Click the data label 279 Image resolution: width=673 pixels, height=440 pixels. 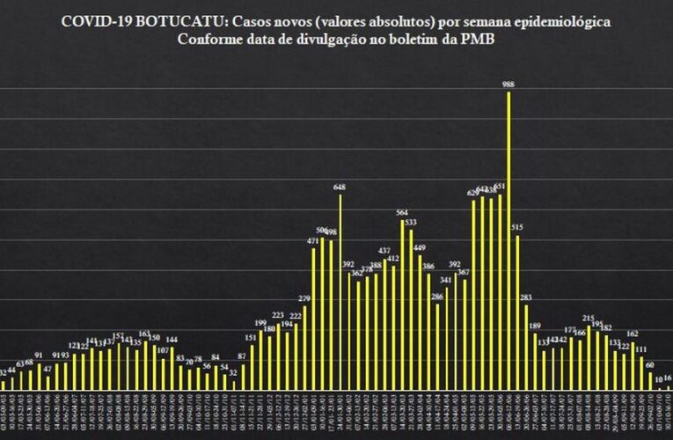pyautogui.click(x=304, y=299)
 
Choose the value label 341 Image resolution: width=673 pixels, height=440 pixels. pyautogui.click(x=446, y=280)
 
